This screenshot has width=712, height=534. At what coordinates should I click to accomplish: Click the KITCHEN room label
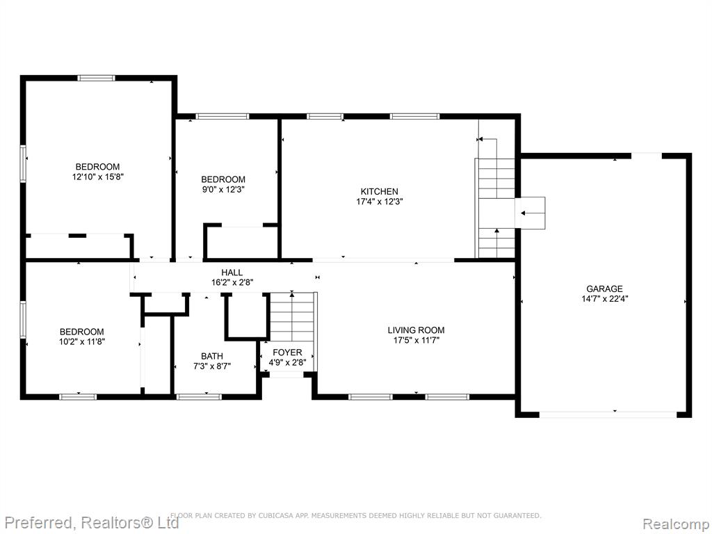[x=379, y=192]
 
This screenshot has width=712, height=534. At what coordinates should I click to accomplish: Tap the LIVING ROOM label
[x=416, y=330]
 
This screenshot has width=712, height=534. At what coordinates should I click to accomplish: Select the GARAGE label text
[x=604, y=289]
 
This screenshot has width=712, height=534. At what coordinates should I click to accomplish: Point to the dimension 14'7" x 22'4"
[x=604, y=299]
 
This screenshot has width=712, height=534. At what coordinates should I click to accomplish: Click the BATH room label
[x=212, y=356]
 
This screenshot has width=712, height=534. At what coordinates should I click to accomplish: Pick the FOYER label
[x=287, y=353]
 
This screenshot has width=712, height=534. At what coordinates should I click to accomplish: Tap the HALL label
[x=232, y=273]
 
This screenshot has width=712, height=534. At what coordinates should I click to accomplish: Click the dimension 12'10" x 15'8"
[x=97, y=177]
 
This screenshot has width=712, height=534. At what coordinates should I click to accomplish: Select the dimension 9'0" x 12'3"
[x=223, y=189]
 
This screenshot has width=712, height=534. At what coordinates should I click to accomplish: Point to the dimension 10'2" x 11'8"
[x=82, y=342]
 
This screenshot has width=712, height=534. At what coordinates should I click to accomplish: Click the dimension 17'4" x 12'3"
[x=380, y=202]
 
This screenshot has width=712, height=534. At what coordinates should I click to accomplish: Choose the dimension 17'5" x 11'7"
[x=416, y=340]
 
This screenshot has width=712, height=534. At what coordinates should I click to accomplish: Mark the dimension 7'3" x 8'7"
[x=212, y=366]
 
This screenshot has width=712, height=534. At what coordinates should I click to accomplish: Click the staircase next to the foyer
[x=293, y=316]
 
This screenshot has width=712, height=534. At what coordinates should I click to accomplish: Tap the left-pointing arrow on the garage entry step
[x=528, y=213]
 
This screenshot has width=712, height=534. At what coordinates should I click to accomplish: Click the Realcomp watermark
[x=676, y=524]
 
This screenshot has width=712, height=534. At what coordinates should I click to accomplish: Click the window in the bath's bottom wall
[x=199, y=397]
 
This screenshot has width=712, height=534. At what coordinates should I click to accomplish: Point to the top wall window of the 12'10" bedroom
[x=96, y=78]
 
